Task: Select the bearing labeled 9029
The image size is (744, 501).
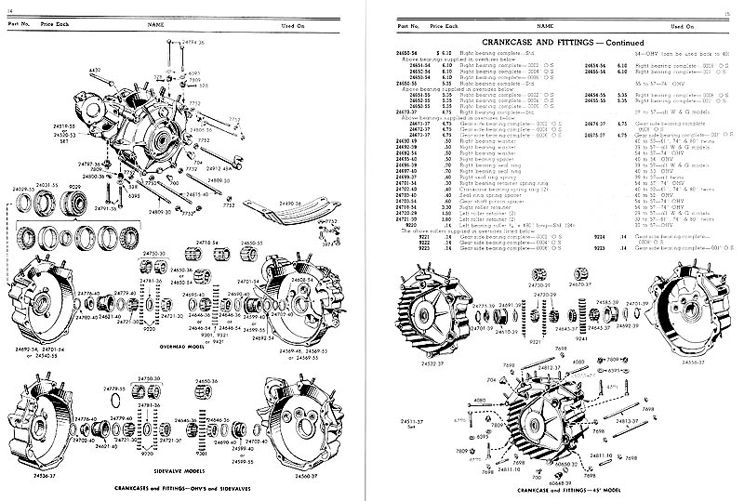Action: [72, 201]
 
